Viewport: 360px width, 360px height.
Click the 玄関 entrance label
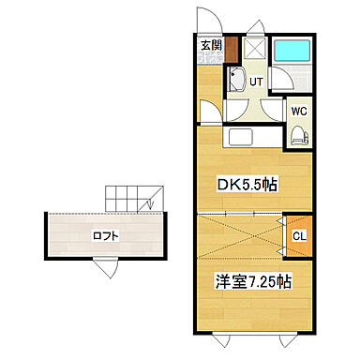(x=210, y=45)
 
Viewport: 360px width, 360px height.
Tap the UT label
(x=255, y=81)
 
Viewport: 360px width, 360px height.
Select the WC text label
(x=298, y=111)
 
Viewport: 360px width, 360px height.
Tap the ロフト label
(x=104, y=235)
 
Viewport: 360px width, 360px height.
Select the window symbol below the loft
(x=111, y=266)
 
